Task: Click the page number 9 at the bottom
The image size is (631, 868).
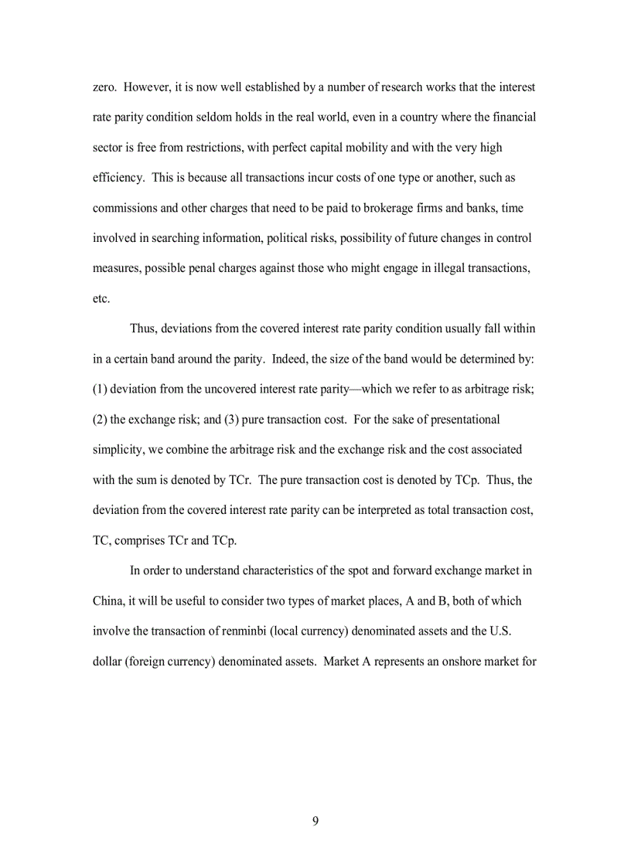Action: [x=315, y=821]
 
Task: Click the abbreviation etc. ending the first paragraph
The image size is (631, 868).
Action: [x=101, y=298]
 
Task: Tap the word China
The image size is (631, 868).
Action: [x=110, y=601]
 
